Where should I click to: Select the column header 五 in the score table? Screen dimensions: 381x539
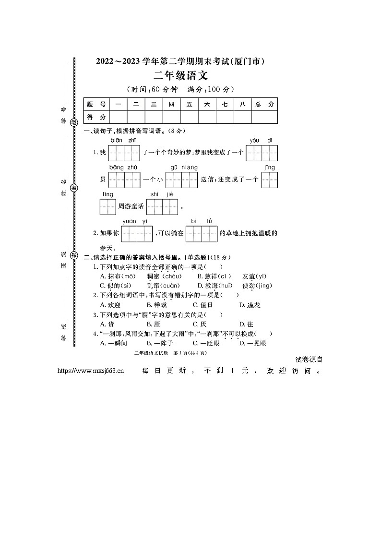click(190, 104)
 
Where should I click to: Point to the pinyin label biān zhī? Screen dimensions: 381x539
click(123, 140)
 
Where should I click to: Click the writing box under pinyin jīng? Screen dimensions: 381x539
click(270, 180)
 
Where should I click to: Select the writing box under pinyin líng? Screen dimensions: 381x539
click(108, 206)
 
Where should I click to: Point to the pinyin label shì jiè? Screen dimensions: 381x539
click(162, 194)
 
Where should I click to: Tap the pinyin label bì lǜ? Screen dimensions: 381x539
click(201, 221)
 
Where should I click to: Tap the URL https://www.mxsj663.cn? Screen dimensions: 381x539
click(91, 371)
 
